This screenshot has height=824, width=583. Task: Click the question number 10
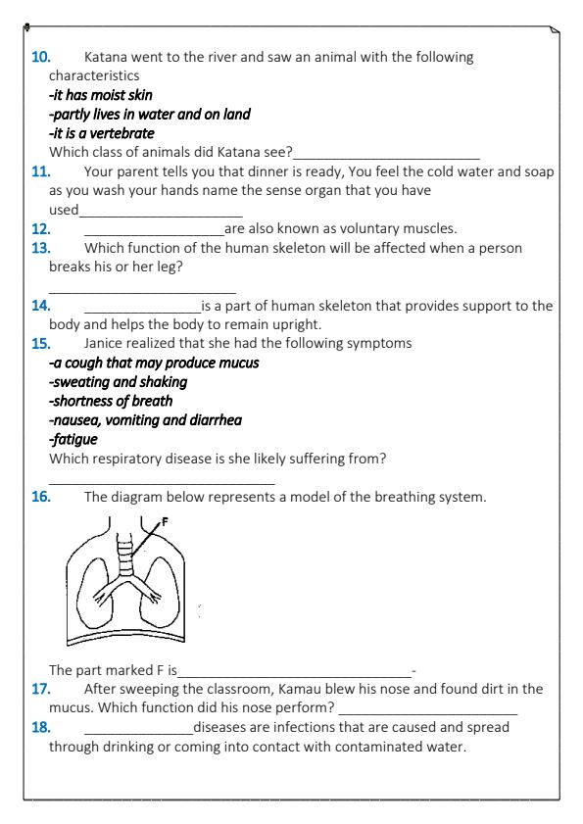(x=41, y=58)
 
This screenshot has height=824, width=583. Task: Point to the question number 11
(x=40, y=172)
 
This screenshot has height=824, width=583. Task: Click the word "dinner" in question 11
(x=253, y=172)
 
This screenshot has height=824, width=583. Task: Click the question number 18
(x=41, y=728)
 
